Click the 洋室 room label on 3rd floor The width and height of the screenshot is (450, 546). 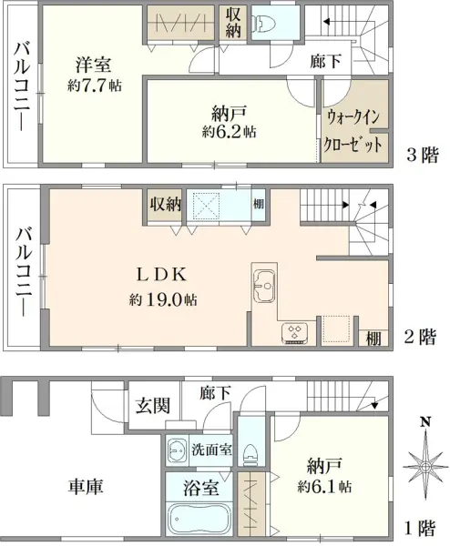93,65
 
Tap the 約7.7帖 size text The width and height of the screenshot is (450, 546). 94,86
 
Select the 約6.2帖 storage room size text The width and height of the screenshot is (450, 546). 229,132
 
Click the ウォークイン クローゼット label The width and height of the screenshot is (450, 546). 352,130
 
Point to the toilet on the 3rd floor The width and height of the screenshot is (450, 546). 263,24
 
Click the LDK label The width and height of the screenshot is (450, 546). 161,275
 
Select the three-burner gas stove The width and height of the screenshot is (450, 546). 295,332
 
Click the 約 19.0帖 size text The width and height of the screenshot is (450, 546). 163,299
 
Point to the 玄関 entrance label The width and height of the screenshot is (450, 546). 153,406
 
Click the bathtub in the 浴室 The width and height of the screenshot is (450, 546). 199,521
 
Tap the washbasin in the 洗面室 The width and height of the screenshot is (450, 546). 177,450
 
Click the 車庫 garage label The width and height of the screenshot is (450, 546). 86,486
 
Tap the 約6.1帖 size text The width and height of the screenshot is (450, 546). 324,487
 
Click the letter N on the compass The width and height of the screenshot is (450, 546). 424,422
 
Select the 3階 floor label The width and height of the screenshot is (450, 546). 423,155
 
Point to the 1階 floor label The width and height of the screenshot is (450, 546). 420,528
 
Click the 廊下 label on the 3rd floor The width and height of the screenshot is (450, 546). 325,62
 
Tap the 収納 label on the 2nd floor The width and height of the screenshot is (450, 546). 165,204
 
